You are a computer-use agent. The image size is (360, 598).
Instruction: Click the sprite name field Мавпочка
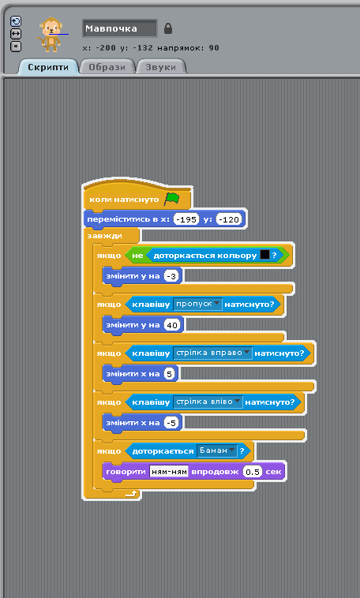coord(119,28)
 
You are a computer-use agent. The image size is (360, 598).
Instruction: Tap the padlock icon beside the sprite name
coord(168,28)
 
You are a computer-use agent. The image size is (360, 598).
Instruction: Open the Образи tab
coord(107,67)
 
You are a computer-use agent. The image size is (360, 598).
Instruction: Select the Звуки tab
coord(161,67)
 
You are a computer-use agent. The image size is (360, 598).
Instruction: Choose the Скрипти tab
coord(48,67)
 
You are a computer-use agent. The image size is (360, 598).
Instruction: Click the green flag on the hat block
coord(171,199)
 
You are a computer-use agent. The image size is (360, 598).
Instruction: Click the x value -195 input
coord(186,219)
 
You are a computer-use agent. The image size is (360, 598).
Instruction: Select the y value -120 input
coord(230,219)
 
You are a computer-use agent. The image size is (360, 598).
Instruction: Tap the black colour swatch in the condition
coord(264,255)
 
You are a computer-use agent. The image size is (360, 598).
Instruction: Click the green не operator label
coord(137,256)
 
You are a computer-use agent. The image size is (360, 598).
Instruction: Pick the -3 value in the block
coord(171,276)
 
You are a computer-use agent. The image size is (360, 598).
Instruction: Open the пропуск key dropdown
coord(197,305)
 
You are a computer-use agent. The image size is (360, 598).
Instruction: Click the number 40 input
coord(172,325)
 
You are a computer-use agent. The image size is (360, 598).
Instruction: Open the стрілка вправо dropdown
coord(212,353)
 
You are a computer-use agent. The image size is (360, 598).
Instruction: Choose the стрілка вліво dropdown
coord(208,402)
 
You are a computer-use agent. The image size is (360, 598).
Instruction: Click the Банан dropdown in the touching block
coord(217,450)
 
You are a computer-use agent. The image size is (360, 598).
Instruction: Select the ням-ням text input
coord(169,472)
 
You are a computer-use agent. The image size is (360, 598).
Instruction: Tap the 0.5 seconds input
coord(253,472)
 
